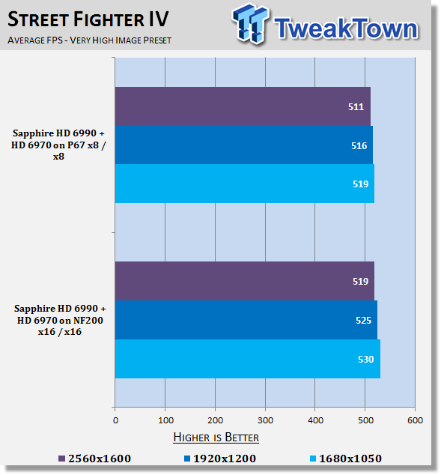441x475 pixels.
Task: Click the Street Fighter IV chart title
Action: (x=88, y=19)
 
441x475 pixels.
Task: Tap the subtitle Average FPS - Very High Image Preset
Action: (x=90, y=40)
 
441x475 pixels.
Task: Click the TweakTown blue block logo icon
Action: (x=250, y=24)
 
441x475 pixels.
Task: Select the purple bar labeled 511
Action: (x=243, y=106)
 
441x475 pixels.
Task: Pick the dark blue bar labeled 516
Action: (x=244, y=145)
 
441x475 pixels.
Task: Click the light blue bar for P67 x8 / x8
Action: (x=245, y=184)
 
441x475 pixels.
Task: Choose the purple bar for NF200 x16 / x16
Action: (x=245, y=281)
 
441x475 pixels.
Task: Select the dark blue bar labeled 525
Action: (x=246, y=320)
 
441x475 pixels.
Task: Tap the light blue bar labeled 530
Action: (x=248, y=359)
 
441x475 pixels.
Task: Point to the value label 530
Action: (x=365, y=360)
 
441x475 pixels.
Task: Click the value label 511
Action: (x=356, y=107)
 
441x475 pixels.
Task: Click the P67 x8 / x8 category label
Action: (x=58, y=145)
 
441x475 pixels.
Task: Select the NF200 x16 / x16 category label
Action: (x=60, y=320)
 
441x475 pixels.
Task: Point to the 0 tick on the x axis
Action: (x=115, y=420)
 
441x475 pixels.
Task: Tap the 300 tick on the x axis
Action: (x=265, y=420)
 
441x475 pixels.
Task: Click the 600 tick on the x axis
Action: (x=415, y=420)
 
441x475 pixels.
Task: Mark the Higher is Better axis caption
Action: (x=216, y=438)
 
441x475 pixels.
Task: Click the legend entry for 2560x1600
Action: (x=95, y=459)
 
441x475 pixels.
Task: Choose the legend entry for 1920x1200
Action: (x=220, y=459)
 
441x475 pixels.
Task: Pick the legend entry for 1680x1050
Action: (x=346, y=459)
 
